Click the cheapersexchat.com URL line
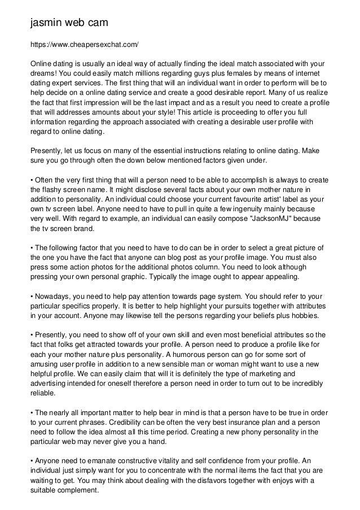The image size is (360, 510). (84, 43)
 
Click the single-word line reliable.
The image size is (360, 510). (43, 393)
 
